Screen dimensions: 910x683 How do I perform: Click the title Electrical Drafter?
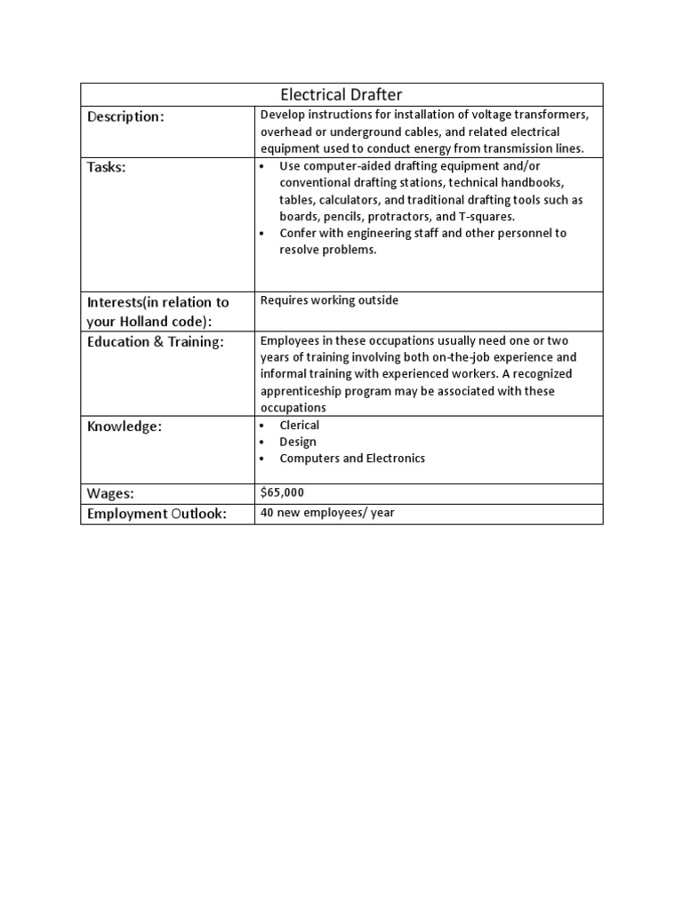tap(341, 94)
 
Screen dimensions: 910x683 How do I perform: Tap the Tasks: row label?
tap(107, 169)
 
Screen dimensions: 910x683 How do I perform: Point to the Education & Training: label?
tap(156, 342)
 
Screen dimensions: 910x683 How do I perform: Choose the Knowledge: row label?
tap(125, 427)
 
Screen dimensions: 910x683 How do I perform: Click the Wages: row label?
tap(110, 493)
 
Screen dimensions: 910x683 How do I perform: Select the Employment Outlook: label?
tap(157, 514)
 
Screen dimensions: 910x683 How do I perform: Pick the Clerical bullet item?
tap(299, 425)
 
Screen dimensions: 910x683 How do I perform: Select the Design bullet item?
tap(297, 442)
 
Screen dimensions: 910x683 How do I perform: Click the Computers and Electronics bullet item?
tap(352, 459)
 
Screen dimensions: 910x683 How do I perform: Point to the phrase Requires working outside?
tap(329, 300)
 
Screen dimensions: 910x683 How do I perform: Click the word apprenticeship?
tap(303, 391)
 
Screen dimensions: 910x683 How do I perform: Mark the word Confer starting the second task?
tap(298, 234)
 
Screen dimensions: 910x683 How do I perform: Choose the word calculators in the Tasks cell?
tap(350, 200)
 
